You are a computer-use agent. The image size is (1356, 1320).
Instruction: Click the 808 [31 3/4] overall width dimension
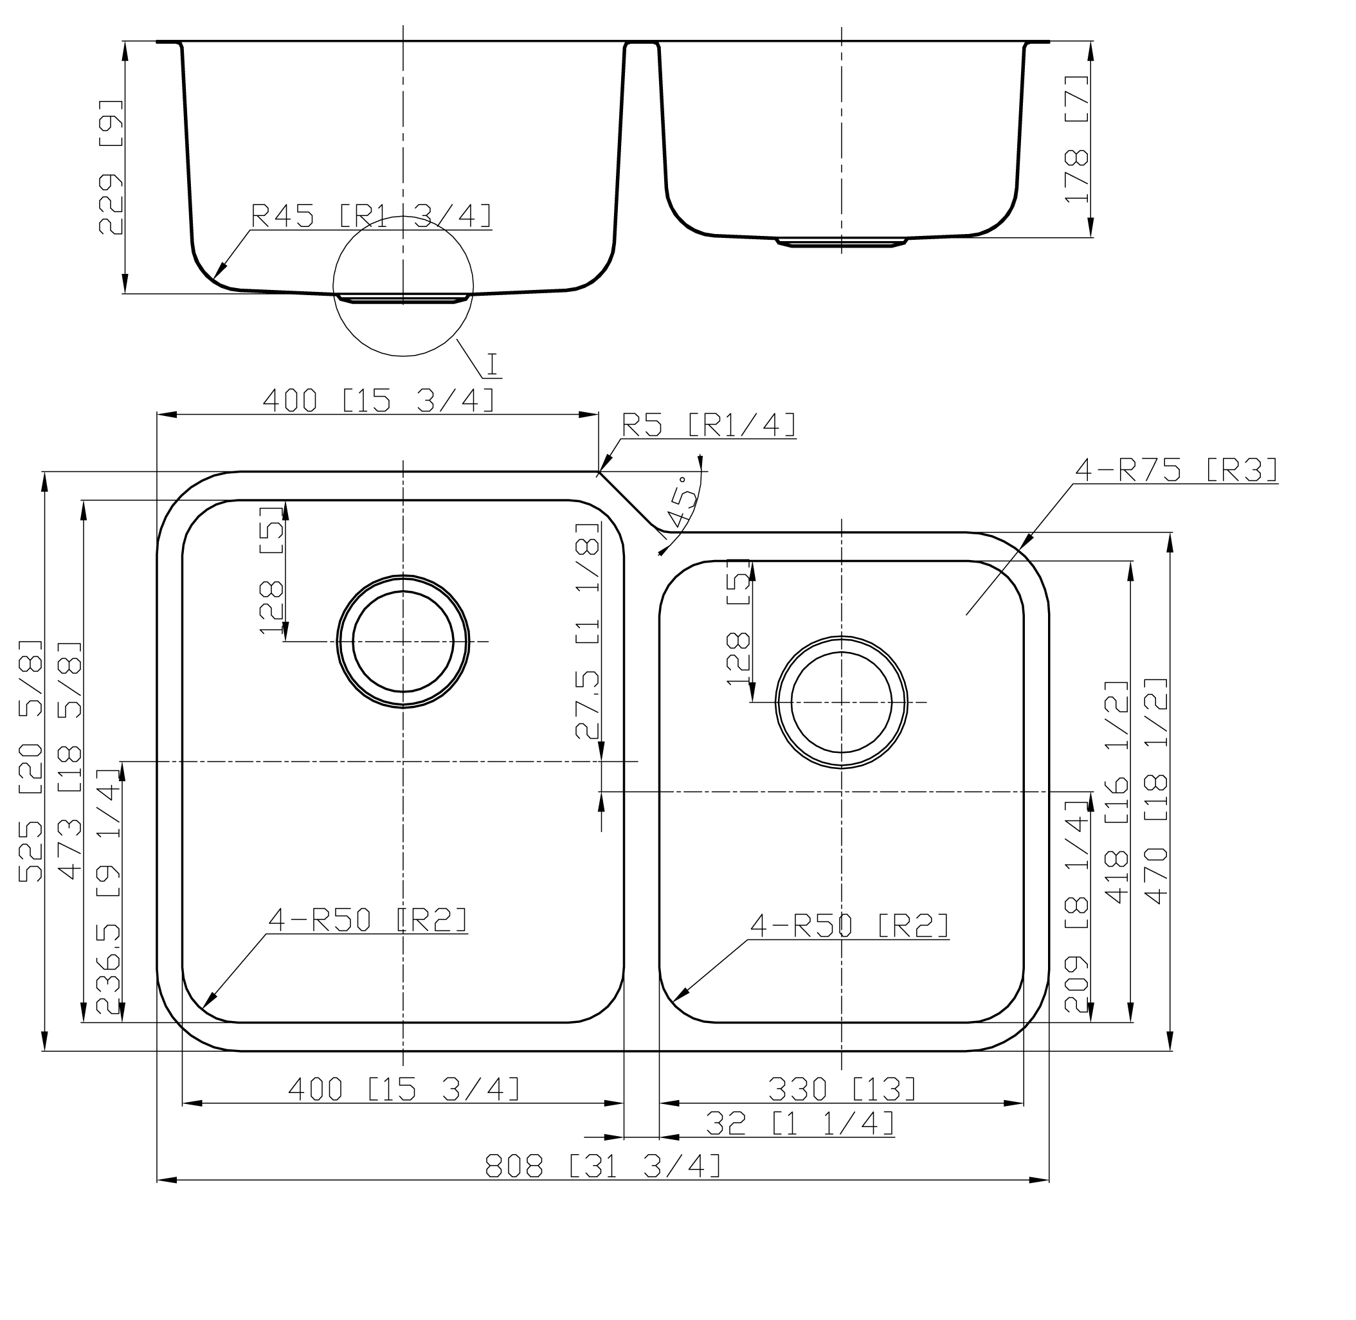pyautogui.click(x=603, y=1166)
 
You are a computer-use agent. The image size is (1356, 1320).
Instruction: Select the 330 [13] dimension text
pyautogui.click(x=842, y=1090)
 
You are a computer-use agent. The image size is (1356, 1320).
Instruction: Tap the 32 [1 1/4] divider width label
pyautogui.click(x=800, y=1123)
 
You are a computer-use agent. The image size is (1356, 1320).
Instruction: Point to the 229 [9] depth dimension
pyautogui.click(x=112, y=167)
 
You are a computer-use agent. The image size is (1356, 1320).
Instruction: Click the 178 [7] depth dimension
pyautogui.click(x=1076, y=138)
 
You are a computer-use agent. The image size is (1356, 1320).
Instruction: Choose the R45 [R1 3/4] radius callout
pyautogui.click(x=371, y=215)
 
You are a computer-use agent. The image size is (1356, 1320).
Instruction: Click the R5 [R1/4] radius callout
pyautogui.click(x=709, y=424)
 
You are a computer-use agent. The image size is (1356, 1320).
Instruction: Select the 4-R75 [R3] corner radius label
pyautogui.click(x=1177, y=471)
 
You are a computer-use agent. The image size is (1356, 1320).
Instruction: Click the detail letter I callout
pyautogui.click(x=493, y=365)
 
